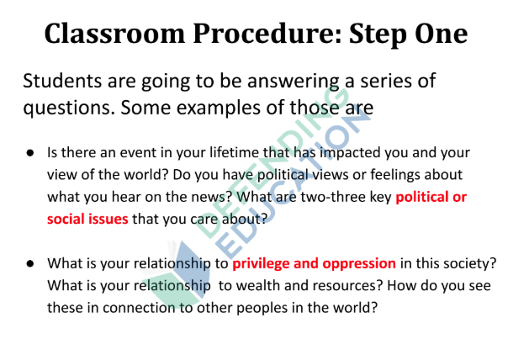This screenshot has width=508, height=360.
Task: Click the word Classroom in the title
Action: coord(114,34)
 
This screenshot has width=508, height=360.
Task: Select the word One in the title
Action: coord(442,34)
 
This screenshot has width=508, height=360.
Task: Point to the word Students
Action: coord(62,81)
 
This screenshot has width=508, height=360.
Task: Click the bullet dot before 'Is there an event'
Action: coord(30,152)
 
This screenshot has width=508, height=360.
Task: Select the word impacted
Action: coord(350,153)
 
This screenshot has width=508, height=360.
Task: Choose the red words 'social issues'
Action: coord(87,219)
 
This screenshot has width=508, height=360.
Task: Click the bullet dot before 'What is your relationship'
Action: coord(30,263)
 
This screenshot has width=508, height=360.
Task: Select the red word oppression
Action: coord(359,264)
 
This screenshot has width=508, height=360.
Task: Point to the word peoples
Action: coord(262,309)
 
